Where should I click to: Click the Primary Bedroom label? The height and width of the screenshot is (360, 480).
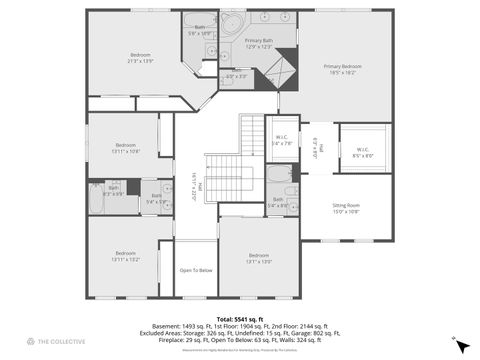pyautogui.click(x=342, y=68)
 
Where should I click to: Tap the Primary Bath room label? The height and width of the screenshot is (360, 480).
pyautogui.click(x=258, y=43)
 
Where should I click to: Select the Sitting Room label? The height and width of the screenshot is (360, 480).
pyautogui.click(x=346, y=208)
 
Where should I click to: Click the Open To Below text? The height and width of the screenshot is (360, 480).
pyautogui.click(x=195, y=270)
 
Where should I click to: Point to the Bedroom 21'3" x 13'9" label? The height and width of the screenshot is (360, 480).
pyautogui.click(x=140, y=57)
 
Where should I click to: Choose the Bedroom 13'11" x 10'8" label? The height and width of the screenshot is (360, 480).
pyautogui.click(x=126, y=147)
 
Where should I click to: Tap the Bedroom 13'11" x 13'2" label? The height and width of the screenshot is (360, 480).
pyautogui.click(x=125, y=255)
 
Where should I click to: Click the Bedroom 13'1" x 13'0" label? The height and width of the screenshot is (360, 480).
pyautogui.click(x=258, y=258)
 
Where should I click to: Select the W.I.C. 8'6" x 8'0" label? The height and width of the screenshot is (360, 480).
pyautogui.click(x=363, y=153)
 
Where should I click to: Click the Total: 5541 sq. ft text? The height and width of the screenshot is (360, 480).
pyautogui.click(x=239, y=318)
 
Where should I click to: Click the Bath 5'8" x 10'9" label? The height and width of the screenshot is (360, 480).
pyautogui.click(x=200, y=30)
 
